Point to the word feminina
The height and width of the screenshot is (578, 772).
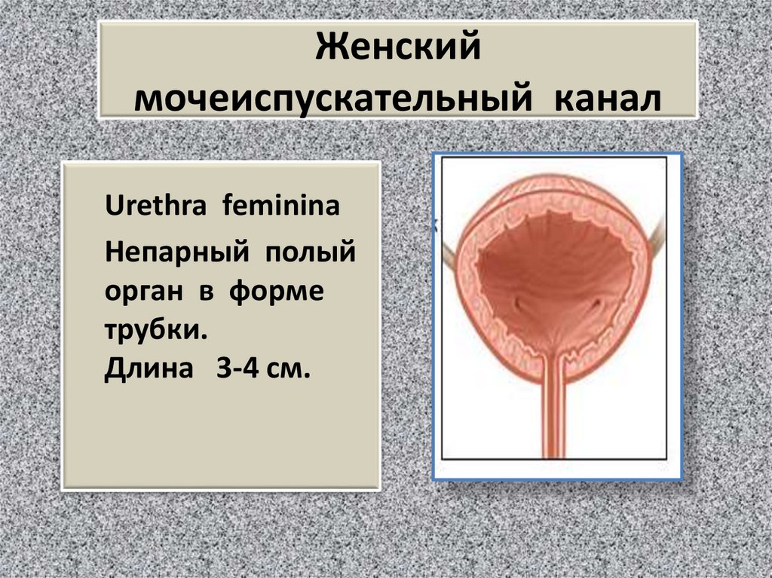280,206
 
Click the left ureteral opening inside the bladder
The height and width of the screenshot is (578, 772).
519,304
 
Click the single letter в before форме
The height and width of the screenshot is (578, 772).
203,292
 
